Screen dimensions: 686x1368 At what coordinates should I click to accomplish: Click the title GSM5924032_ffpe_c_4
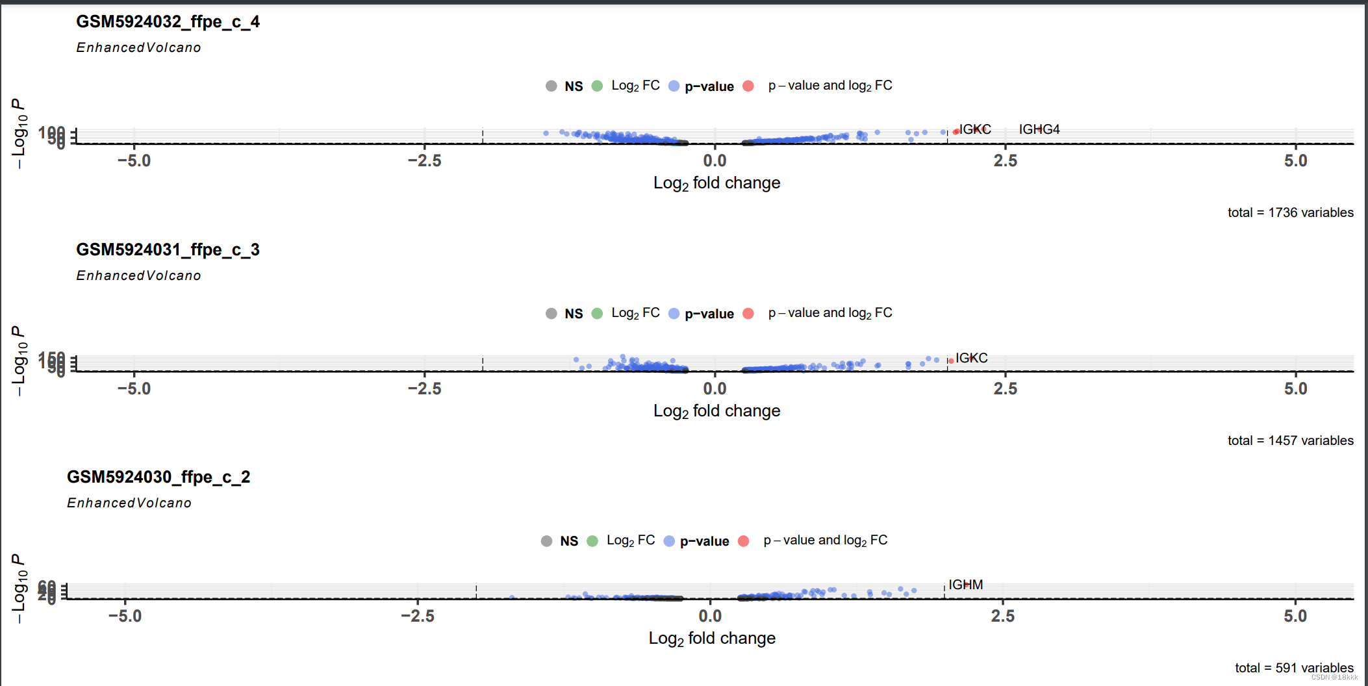click(x=168, y=22)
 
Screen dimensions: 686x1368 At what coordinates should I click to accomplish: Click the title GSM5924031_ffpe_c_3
click(x=168, y=250)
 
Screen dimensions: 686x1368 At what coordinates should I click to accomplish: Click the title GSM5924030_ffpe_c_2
click(x=158, y=477)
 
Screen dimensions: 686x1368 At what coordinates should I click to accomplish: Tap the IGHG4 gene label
click(x=1039, y=129)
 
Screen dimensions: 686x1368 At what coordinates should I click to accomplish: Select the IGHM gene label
click(x=965, y=585)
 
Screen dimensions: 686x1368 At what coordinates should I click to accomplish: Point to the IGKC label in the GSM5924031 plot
click(x=971, y=358)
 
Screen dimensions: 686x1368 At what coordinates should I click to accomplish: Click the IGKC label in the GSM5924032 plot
click(x=974, y=129)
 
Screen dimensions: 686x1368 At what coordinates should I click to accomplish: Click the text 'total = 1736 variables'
click(x=1290, y=212)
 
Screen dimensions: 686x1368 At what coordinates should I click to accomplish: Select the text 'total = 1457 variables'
click(x=1290, y=440)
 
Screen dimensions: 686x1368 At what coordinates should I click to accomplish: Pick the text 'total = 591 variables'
click(x=1294, y=668)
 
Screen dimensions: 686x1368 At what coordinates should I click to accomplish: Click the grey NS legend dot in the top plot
click(x=551, y=86)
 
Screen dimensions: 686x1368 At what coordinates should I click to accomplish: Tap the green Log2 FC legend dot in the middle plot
click(x=598, y=314)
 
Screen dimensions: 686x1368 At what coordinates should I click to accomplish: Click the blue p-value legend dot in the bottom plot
click(x=669, y=541)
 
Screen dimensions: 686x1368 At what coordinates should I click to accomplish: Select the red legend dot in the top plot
click(x=748, y=86)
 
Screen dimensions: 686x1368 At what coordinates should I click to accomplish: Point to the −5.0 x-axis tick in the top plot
click(x=134, y=160)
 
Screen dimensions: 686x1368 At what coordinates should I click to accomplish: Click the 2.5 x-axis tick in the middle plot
click(x=1005, y=388)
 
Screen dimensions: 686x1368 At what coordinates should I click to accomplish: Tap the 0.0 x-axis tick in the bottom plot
click(x=710, y=616)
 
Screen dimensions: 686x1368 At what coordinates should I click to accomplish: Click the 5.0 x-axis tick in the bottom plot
click(x=1295, y=616)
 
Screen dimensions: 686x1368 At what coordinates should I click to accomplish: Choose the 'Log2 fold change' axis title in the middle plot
click(x=716, y=411)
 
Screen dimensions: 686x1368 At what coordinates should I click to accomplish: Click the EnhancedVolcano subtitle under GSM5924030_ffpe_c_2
click(x=129, y=503)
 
